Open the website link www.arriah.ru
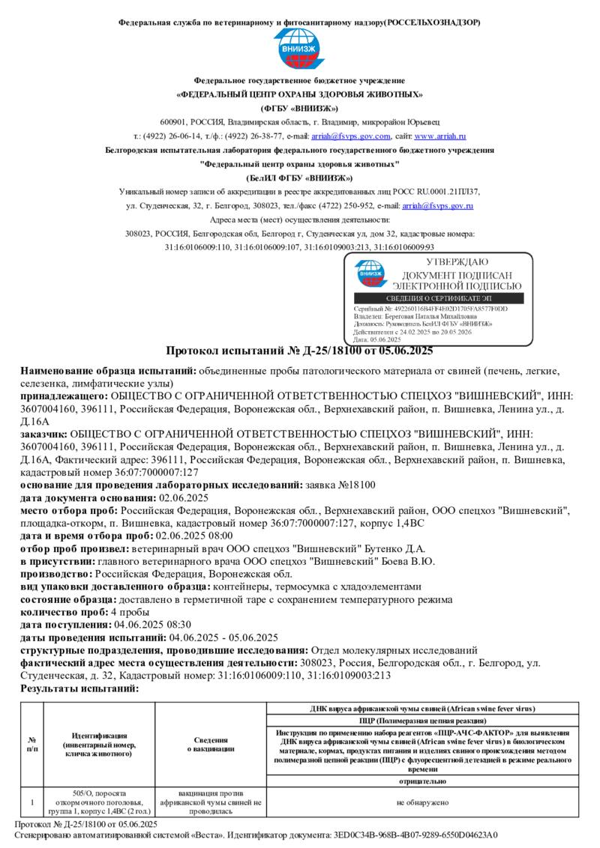coord(440,136)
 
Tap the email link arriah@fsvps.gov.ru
coord(437,205)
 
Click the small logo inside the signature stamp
coord(369,273)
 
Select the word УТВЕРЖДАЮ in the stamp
coord(457,262)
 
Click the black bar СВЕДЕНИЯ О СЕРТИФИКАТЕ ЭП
coord(438,298)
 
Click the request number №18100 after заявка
coord(357,485)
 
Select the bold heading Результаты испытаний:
coord(79,688)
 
